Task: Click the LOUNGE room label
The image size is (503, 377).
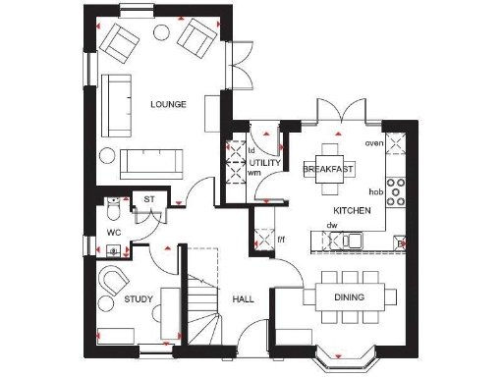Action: (x=169, y=103)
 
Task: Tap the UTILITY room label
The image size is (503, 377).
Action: (x=264, y=162)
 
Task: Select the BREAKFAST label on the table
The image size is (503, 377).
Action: (x=328, y=170)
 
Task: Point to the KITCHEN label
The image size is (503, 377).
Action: (x=352, y=211)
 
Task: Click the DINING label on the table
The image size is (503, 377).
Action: (x=350, y=297)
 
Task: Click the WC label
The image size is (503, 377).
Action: (x=114, y=234)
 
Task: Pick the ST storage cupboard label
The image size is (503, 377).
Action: (x=149, y=199)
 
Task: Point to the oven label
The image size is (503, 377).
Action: (x=373, y=143)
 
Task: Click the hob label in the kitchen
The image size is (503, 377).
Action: (x=374, y=191)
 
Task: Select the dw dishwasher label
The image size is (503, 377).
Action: (x=334, y=226)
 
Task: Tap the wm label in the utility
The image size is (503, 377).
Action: (x=254, y=173)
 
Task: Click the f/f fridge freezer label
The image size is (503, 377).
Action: (x=281, y=239)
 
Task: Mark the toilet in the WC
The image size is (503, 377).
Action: (x=114, y=210)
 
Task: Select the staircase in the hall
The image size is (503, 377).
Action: (x=204, y=295)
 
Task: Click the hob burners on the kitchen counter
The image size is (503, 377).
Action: (x=396, y=190)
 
